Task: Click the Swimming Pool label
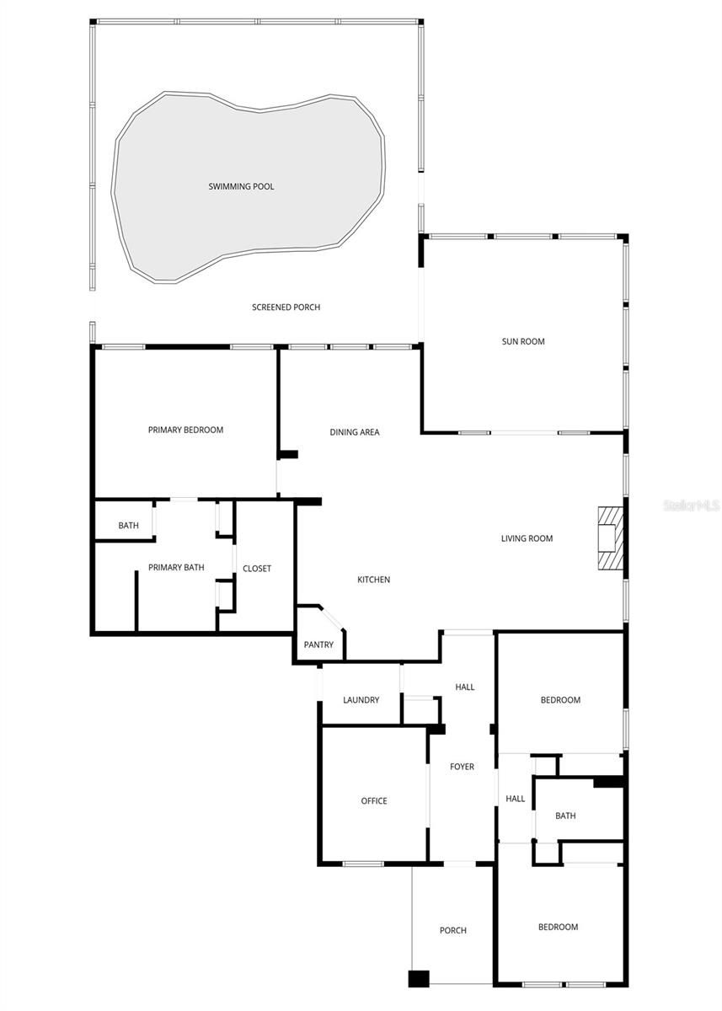241,186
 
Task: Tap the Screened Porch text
286,308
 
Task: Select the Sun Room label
523,341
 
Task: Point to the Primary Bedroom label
185,430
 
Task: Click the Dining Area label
354,432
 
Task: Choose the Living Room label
527,538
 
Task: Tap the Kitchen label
373,580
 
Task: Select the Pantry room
318,645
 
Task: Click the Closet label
257,569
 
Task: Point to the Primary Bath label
176,568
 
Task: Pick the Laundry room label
361,700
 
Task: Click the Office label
374,800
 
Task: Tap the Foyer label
462,767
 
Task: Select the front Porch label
452,930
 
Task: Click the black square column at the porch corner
419,979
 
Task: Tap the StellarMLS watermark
691,505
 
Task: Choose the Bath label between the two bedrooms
565,816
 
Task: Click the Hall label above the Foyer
465,687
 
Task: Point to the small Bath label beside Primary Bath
128,526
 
